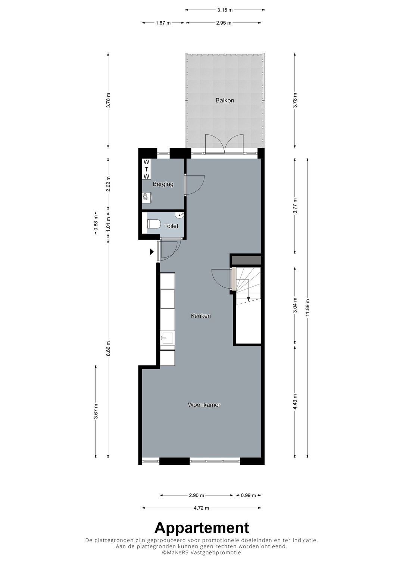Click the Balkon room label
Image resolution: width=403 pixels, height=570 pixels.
pos(225,100)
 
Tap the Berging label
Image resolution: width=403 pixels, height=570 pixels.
pos(163,184)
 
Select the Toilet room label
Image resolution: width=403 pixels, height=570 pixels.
pos(171,226)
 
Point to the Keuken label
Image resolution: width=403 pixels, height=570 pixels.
pos(201,316)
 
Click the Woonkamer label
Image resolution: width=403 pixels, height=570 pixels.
pos(204,405)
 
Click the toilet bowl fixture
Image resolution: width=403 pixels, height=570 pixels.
pos(153,224)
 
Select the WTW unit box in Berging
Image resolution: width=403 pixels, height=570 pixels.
pos(146,169)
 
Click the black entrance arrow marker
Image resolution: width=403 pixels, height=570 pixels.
pos(152,252)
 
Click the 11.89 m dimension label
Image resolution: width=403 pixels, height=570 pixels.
pos(307,308)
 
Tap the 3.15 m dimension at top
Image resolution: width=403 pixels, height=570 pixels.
pos(225,10)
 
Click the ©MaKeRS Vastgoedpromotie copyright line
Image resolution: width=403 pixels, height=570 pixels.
pos(201,552)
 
